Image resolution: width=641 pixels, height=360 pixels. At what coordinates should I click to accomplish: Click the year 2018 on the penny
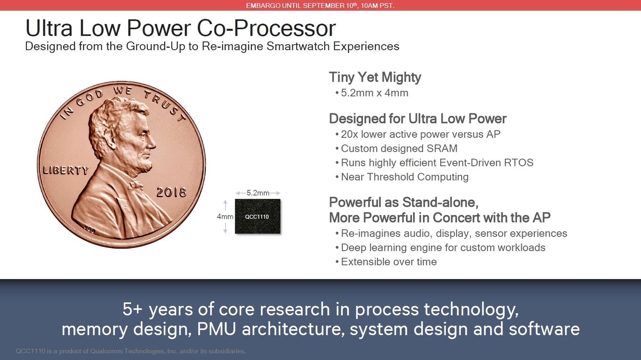click(x=171, y=192)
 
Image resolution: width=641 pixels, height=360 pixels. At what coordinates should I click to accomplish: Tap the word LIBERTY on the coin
click(x=66, y=170)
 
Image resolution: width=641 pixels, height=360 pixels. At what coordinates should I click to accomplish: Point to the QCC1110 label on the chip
click(x=257, y=217)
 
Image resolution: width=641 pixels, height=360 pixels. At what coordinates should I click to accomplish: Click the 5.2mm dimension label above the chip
click(x=258, y=193)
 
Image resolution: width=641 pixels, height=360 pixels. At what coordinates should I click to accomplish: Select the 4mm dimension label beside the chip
click(x=225, y=217)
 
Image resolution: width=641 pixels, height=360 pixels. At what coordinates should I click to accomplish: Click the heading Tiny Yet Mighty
click(x=375, y=77)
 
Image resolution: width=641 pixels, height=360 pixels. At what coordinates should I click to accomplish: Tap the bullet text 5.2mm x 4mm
click(x=375, y=93)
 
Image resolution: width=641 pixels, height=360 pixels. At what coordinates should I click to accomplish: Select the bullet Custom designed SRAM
click(x=399, y=148)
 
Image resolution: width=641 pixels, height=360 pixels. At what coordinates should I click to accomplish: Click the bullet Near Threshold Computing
click(x=404, y=177)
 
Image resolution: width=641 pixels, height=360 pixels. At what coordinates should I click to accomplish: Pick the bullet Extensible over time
click(x=389, y=262)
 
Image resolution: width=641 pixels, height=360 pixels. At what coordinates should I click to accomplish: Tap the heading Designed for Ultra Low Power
click(x=418, y=119)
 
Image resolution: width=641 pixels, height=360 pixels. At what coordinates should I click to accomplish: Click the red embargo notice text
click(x=320, y=6)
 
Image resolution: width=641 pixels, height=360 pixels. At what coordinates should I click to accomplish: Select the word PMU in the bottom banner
click(x=216, y=329)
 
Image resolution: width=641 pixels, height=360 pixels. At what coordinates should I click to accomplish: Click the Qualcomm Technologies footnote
click(x=131, y=351)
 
